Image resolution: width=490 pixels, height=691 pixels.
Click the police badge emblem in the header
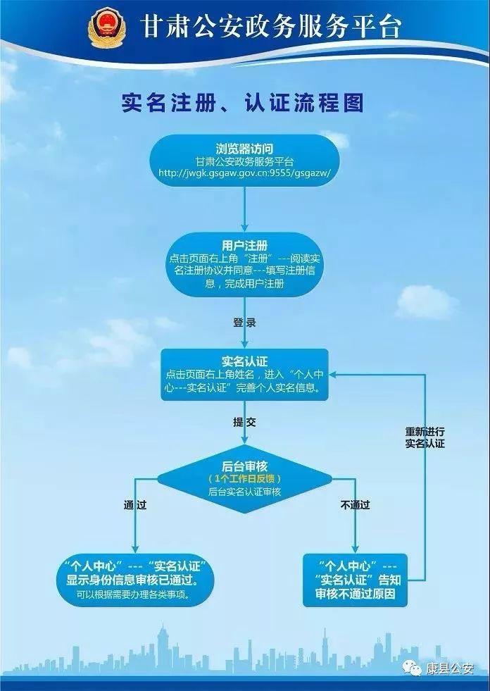[x=106, y=27]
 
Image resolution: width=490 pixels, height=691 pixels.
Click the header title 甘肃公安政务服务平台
[x=271, y=27]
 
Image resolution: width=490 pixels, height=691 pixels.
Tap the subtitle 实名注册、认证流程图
[x=243, y=104]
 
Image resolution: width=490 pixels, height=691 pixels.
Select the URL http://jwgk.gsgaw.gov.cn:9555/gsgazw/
[x=244, y=173]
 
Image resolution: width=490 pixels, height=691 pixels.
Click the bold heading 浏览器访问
[x=244, y=149]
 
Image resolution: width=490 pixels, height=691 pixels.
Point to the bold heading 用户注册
[x=244, y=245]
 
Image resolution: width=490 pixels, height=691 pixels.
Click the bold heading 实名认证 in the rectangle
[x=244, y=362]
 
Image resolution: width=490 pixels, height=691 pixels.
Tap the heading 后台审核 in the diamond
[x=244, y=466]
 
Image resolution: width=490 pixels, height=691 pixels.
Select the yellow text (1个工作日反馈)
[x=244, y=479]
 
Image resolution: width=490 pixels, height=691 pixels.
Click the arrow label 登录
[x=244, y=323]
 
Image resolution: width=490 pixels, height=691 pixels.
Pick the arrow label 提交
[x=244, y=422]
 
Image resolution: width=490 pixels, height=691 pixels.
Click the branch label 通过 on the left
[x=135, y=505]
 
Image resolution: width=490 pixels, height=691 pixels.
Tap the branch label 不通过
[x=355, y=505]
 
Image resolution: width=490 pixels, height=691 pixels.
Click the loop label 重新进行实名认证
[x=425, y=437]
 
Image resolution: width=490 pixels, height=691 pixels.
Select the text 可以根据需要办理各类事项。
[x=133, y=594]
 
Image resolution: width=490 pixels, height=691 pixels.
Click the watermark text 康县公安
[x=449, y=669]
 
